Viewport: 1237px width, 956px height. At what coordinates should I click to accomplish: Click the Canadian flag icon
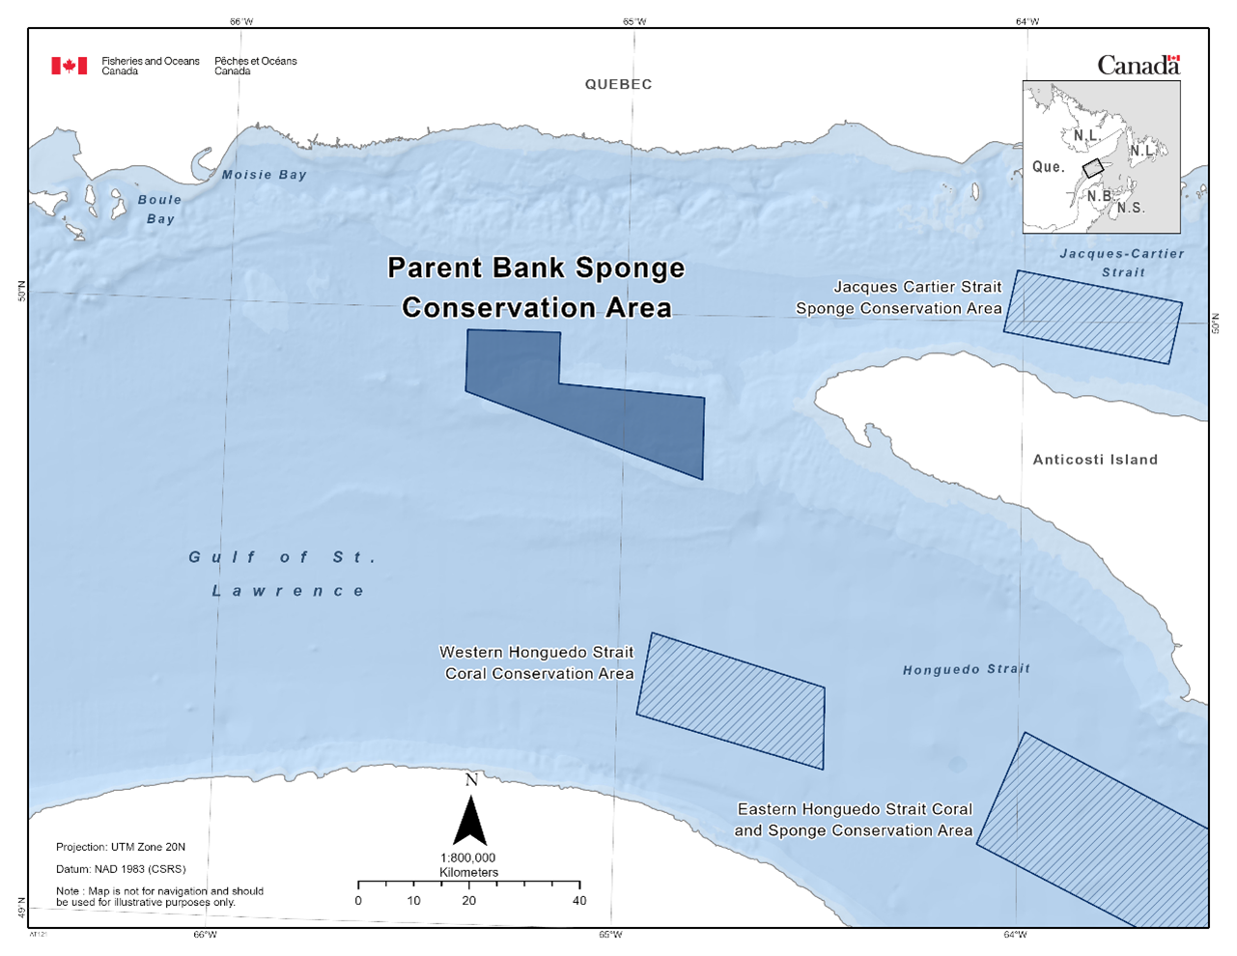click(69, 66)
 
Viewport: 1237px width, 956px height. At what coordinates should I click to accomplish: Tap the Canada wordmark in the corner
click(1139, 66)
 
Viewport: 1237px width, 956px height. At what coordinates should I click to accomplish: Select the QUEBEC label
click(618, 85)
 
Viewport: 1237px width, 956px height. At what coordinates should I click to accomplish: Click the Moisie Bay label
click(264, 175)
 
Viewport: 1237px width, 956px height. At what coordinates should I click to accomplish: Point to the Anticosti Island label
click(1095, 460)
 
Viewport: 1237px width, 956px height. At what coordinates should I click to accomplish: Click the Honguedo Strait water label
click(966, 669)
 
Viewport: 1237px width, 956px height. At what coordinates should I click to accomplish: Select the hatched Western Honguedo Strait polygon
click(731, 701)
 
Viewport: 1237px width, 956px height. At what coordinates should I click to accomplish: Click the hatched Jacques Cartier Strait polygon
click(1093, 317)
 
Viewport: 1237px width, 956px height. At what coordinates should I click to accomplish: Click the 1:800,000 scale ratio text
click(468, 858)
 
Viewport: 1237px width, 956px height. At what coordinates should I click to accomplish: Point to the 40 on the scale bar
click(579, 901)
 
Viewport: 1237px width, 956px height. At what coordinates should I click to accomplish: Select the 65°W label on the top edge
click(634, 21)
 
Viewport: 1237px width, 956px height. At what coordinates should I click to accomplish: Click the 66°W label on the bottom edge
click(205, 934)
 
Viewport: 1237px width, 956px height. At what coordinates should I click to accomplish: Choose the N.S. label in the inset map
click(1131, 208)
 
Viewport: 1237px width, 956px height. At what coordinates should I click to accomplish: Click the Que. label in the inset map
click(1048, 167)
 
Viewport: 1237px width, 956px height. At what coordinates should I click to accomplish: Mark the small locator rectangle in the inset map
click(1092, 168)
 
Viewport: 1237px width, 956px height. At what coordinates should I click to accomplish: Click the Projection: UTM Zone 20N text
click(121, 847)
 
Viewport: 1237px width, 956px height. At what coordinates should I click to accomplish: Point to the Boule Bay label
click(159, 210)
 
